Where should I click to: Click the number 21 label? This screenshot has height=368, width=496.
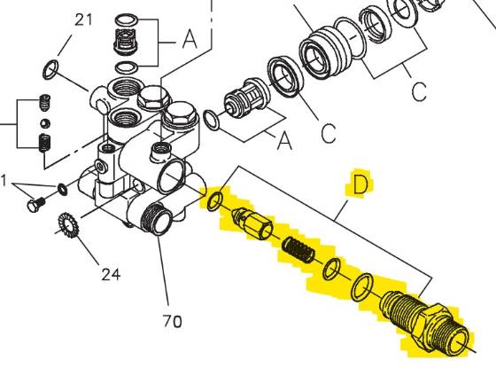click(82, 20)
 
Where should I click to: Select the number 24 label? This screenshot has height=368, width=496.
click(110, 274)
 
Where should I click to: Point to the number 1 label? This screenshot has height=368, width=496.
click(4, 182)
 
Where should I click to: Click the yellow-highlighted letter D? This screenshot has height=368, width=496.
click(360, 184)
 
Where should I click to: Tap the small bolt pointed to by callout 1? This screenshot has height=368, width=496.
click(36, 204)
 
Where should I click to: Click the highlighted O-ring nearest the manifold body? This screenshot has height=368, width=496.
click(214, 199)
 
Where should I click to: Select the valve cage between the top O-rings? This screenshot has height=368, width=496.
click(128, 41)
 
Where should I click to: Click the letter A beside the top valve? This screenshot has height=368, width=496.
click(190, 41)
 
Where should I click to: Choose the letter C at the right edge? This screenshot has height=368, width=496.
click(419, 90)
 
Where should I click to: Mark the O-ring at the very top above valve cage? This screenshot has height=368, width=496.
click(128, 16)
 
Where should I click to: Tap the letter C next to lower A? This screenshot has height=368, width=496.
click(329, 134)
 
